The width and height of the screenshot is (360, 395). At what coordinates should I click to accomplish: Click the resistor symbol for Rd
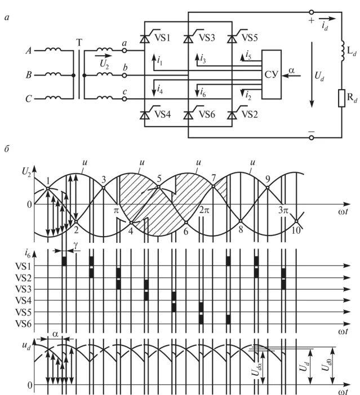point(340,98)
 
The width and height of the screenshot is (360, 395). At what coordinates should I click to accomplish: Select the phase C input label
point(28,99)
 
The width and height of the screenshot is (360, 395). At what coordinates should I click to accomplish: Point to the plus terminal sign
point(310,21)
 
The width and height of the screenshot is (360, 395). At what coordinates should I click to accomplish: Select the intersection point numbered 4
point(131,224)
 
